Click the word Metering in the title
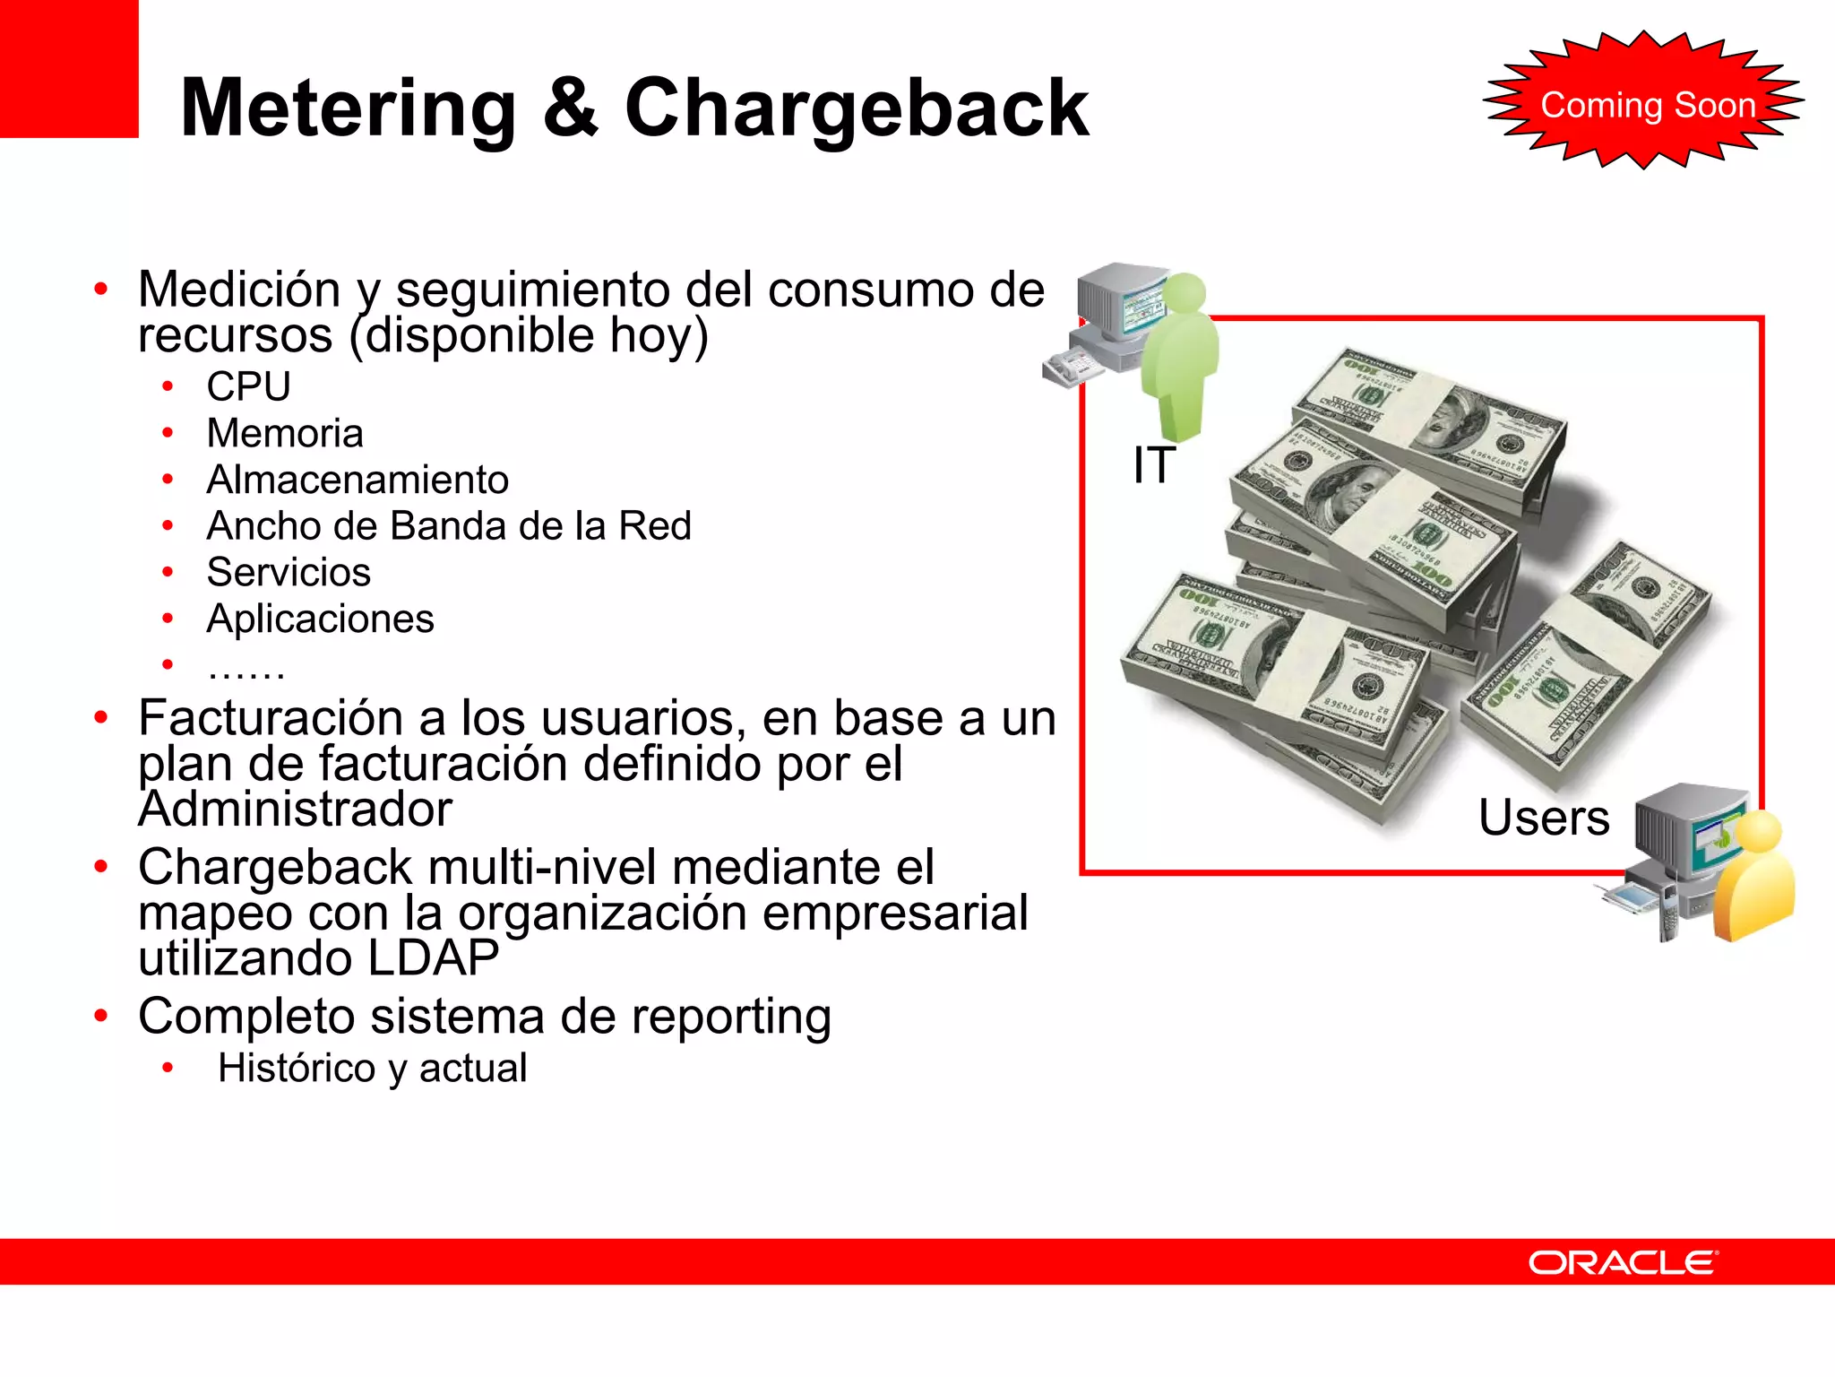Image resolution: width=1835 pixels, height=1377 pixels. click(348, 109)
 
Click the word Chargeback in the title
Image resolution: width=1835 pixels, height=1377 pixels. click(856, 109)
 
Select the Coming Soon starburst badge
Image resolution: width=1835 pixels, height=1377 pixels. click(1645, 103)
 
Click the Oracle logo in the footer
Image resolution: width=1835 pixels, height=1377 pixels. click(1622, 1262)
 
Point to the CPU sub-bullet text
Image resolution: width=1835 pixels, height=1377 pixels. click(248, 387)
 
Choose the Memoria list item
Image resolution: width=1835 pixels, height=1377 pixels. click(285, 434)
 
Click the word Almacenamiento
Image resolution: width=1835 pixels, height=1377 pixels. click(358, 480)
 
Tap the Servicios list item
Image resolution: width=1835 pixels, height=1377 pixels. click(289, 573)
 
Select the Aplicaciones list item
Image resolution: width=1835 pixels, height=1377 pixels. click(320, 619)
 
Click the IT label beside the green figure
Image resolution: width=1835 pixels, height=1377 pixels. click(1154, 465)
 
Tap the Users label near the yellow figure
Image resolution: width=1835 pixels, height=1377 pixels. click(1544, 818)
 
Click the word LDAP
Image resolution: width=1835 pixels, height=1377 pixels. click(433, 958)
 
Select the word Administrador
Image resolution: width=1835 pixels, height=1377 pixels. click(295, 810)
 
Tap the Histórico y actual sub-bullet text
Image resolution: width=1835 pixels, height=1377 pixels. click(372, 1069)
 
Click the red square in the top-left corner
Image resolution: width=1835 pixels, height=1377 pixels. click(69, 68)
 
